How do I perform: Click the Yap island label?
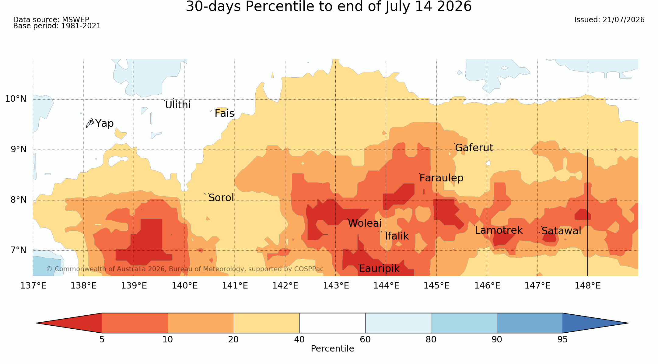pos(104,124)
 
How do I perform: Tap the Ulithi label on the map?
pos(178,105)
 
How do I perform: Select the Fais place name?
pos(224,114)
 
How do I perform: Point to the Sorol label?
pos(221,198)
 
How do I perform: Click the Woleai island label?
pos(365,223)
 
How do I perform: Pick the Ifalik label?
pos(397,236)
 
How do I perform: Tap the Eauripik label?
pos(379,269)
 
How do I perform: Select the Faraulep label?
pos(441,178)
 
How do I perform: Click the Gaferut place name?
pos(474,148)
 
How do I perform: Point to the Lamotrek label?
pos(499,230)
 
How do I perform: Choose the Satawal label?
pos(561,231)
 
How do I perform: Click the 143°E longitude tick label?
pos(336,286)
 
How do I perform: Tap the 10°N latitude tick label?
pos(16,99)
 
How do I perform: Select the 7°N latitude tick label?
pos(19,250)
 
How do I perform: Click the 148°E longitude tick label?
pos(588,286)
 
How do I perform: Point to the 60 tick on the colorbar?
pos(365,339)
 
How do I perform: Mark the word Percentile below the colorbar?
pos(332,349)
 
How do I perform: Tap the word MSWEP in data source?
pos(75,20)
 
